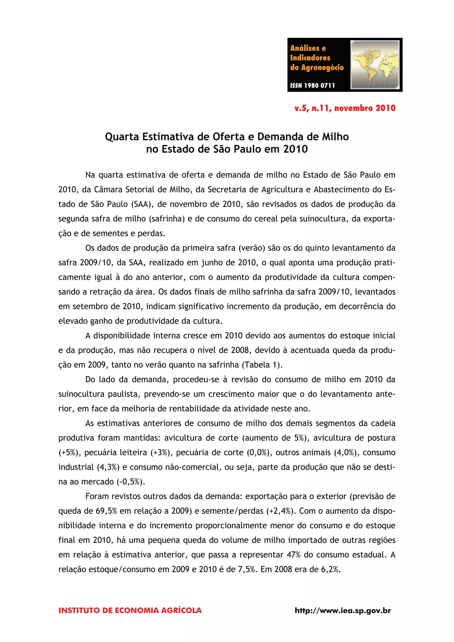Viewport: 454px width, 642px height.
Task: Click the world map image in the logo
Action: [375, 64]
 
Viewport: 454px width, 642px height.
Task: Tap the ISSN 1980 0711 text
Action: [312, 86]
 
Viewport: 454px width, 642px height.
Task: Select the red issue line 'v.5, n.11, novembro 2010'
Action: [345, 108]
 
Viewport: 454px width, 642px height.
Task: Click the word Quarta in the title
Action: [122, 137]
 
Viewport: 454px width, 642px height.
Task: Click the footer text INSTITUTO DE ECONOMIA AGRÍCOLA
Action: [130, 610]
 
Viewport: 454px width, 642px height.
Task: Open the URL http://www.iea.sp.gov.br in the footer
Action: [343, 610]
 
